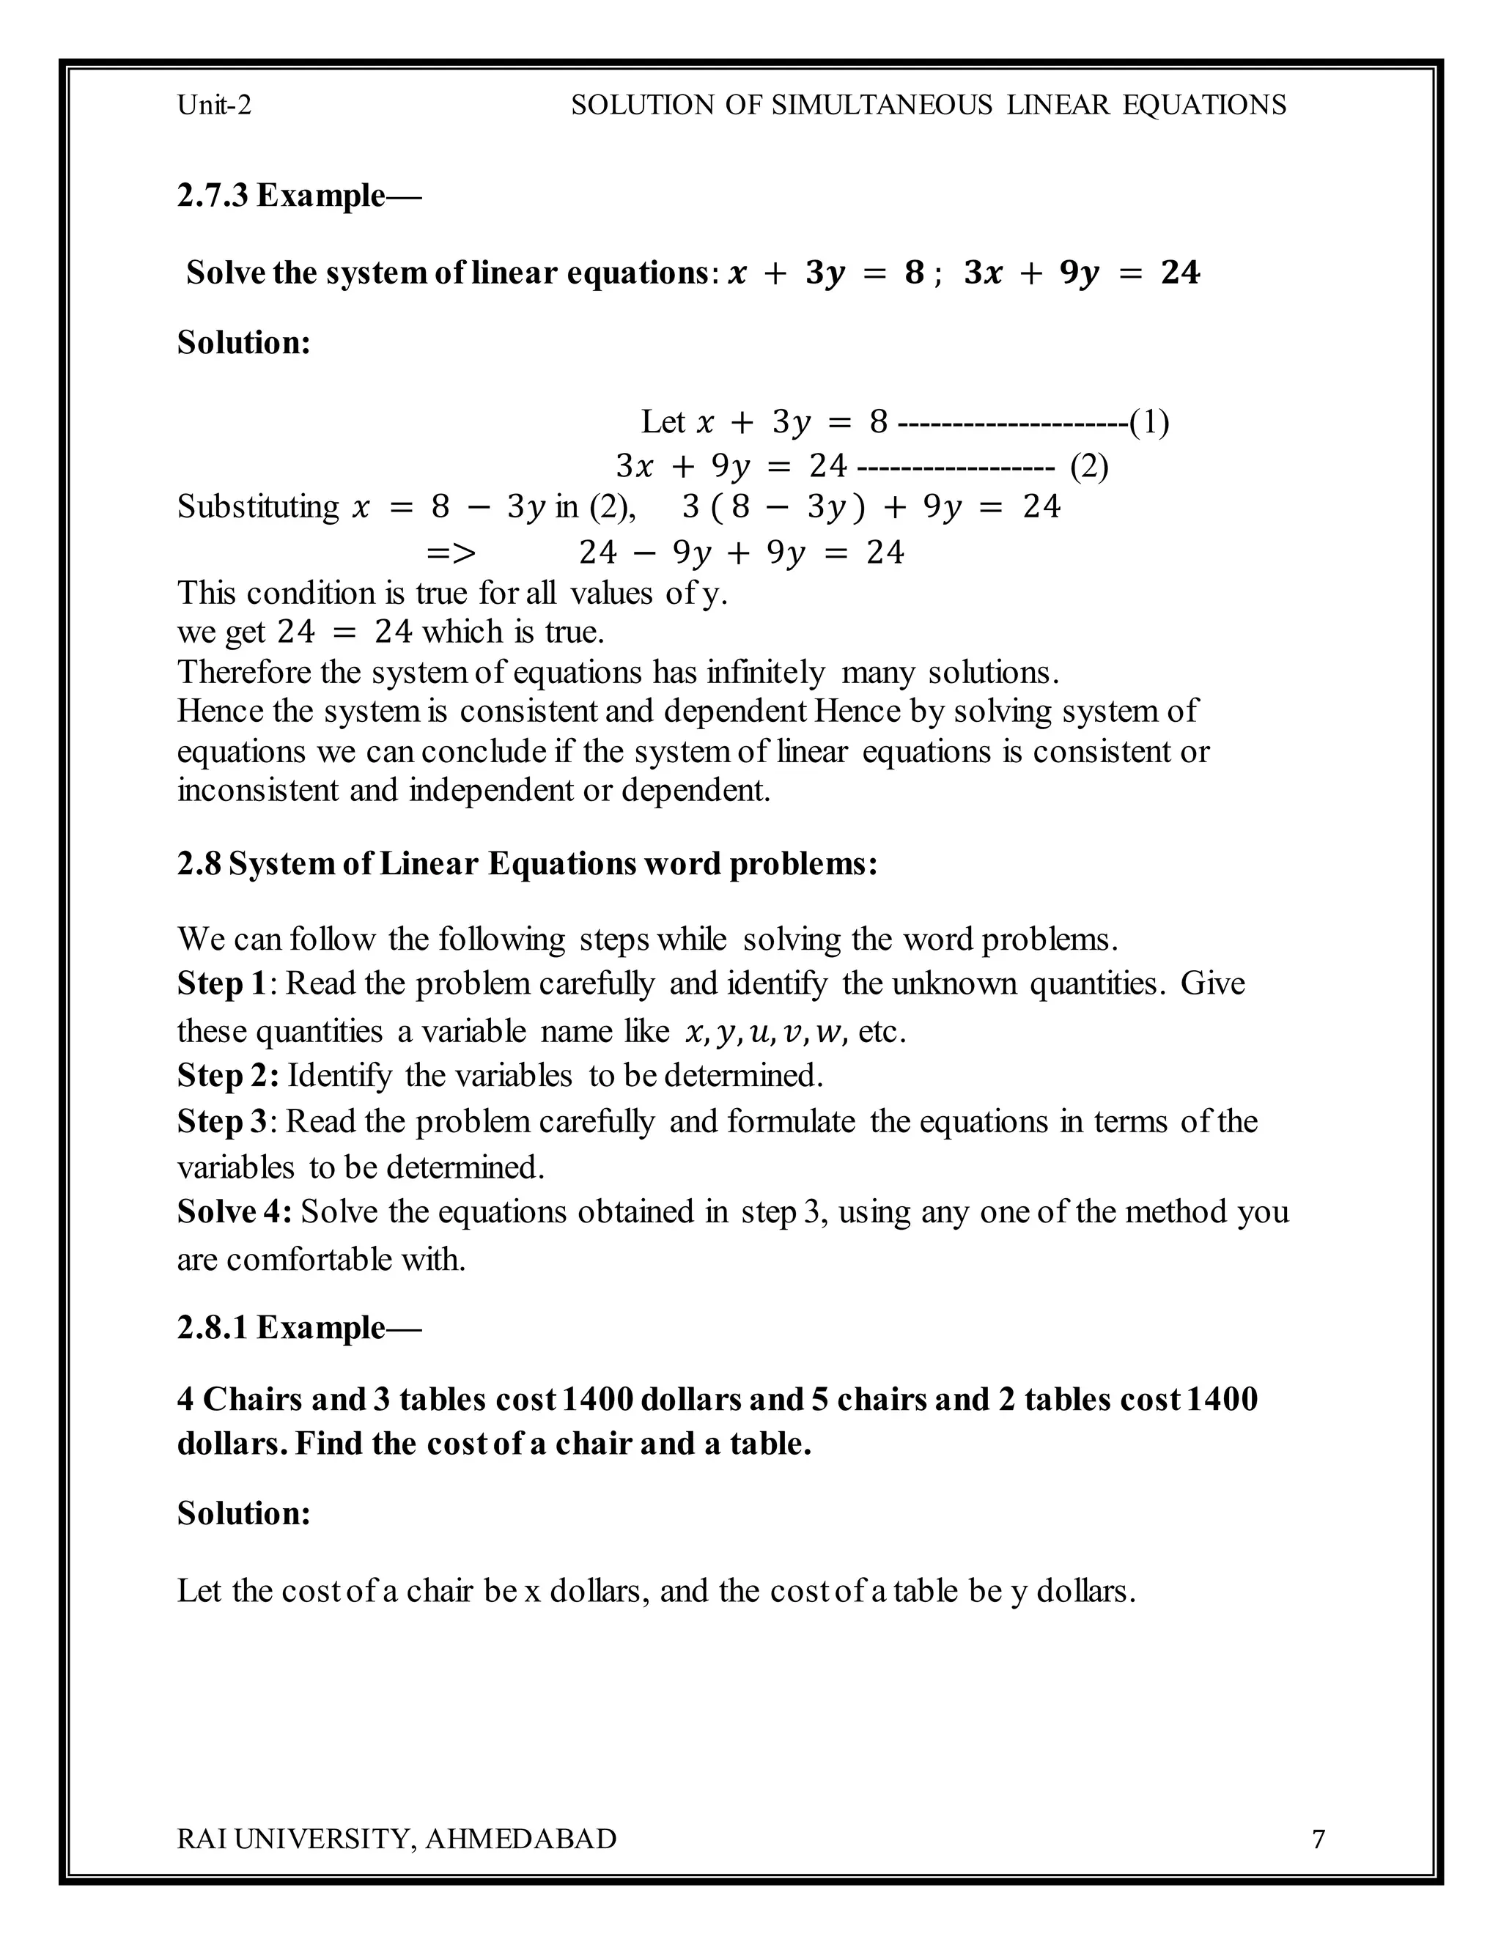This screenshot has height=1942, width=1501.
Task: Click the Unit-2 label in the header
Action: pyautogui.click(x=214, y=106)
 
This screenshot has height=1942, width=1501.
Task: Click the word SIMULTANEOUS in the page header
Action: pyautogui.click(x=881, y=106)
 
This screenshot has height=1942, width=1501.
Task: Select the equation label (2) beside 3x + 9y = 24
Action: pyautogui.click(x=1089, y=466)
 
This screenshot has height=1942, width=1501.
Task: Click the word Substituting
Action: pyautogui.click(x=258, y=507)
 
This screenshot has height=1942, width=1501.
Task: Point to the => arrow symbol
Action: pyautogui.click(x=451, y=553)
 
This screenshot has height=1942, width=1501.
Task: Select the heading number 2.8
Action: pyautogui.click(x=199, y=863)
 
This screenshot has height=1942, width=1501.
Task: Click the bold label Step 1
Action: pyautogui.click(x=221, y=983)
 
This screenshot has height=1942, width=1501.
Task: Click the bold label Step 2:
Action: pyautogui.click(x=228, y=1076)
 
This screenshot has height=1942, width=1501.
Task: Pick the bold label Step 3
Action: pyautogui.click(x=221, y=1121)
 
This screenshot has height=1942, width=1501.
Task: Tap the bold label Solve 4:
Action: pyautogui.click(x=234, y=1212)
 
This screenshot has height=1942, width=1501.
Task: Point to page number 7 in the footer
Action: pyautogui.click(x=1319, y=1839)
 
